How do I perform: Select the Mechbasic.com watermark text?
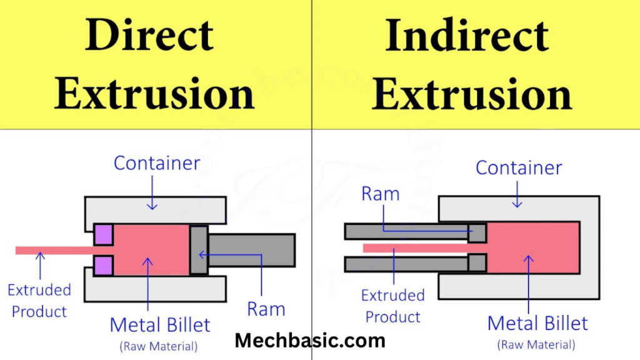[x=310, y=341]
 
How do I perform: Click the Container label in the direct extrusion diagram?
[x=157, y=164]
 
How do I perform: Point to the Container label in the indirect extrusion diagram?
[x=519, y=167]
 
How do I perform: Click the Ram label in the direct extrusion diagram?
[x=266, y=309]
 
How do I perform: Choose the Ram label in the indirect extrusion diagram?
[x=380, y=194]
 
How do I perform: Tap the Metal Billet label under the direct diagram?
[x=160, y=325]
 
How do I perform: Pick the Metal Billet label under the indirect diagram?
[x=537, y=323]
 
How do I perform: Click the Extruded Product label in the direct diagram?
[x=39, y=300]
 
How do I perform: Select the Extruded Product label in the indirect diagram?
[x=393, y=306]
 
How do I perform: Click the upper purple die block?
[x=103, y=234]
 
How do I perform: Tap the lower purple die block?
[x=103, y=265]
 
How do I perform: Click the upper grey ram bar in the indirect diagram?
[x=406, y=232]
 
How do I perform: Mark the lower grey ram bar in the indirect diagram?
[x=406, y=263]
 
